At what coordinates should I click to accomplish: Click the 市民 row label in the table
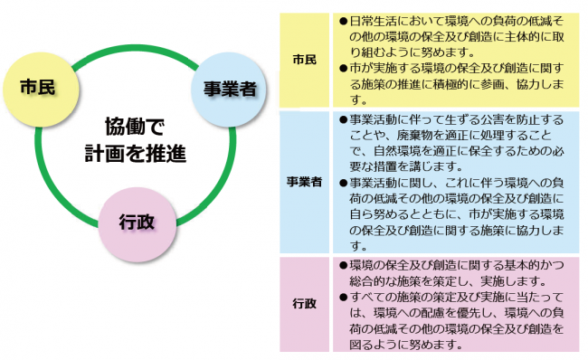[305, 59]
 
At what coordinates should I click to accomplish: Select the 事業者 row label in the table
[305, 183]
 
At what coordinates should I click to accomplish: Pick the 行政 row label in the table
[305, 303]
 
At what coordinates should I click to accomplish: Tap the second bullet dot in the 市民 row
[343, 68]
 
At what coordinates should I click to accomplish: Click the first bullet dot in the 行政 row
[343, 266]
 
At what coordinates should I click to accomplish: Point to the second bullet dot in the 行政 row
[343, 297]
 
